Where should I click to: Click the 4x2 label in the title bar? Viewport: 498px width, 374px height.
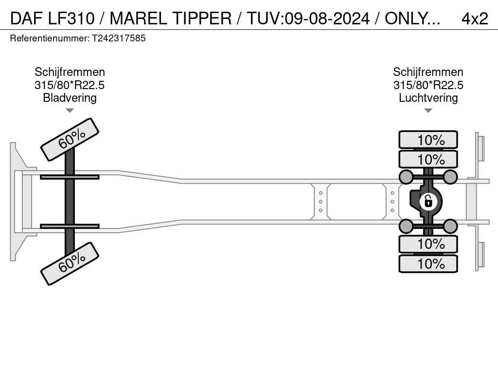(475, 19)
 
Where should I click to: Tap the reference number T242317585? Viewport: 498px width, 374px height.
(119, 38)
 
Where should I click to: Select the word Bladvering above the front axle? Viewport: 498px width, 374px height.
(70, 97)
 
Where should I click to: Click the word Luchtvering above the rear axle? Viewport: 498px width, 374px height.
(428, 97)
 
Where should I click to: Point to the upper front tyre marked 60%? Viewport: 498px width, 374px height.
(70, 140)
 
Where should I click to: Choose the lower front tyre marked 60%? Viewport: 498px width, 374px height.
(70, 263)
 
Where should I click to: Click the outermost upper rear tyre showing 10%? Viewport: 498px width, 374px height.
(428, 140)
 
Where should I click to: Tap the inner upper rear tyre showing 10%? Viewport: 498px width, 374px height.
(428, 159)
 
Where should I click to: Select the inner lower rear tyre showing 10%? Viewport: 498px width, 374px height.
(428, 244)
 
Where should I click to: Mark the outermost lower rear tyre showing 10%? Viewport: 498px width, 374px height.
(428, 263)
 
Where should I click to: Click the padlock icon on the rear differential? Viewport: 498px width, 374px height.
(428, 202)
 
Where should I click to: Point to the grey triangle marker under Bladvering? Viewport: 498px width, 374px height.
(70, 111)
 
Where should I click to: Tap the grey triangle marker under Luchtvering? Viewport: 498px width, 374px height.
(428, 111)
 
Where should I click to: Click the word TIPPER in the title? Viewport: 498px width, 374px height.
(202, 19)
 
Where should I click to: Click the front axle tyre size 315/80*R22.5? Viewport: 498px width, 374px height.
(70, 85)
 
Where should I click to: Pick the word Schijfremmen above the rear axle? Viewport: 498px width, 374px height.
(428, 72)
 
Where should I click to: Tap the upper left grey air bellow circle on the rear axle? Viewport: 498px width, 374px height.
(406, 177)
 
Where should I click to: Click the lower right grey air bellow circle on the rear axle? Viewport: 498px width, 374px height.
(450, 226)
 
